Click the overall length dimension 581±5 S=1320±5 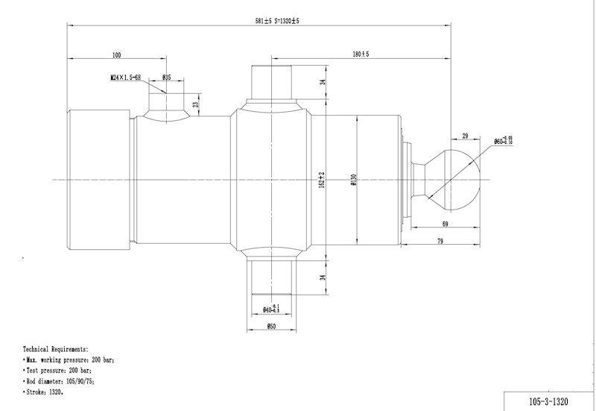(x=276, y=21)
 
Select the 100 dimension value (x=116, y=54)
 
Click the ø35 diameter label (x=166, y=77)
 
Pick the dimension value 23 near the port (x=195, y=105)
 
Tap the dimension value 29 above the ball (x=465, y=136)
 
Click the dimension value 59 (x=445, y=223)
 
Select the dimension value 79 (x=439, y=240)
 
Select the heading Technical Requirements (x=56, y=349)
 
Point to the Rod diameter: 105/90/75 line (x=60, y=380)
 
